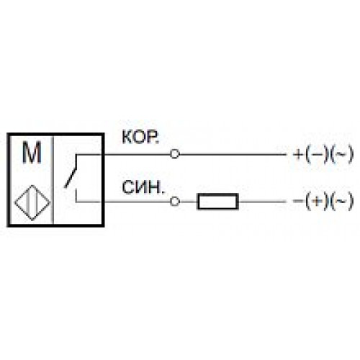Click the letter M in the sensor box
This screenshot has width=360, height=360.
(x=32, y=153)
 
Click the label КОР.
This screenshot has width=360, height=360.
(x=140, y=138)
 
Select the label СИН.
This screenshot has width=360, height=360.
(x=143, y=187)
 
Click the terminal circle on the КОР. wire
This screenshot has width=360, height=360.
(x=175, y=154)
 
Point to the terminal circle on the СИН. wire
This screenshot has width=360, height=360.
(x=175, y=202)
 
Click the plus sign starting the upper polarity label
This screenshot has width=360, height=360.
(x=298, y=154)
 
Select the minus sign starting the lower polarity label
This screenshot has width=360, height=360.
(x=298, y=201)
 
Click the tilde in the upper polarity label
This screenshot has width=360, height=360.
(x=341, y=154)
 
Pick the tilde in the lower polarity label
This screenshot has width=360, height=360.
(x=341, y=201)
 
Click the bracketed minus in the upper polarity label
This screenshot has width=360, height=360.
(x=317, y=154)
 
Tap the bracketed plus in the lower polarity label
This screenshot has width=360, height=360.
(x=317, y=201)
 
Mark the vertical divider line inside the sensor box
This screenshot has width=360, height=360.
(x=53, y=180)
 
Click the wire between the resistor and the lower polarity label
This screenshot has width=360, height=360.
(x=262, y=202)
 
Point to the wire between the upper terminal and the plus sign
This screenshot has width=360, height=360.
(x=233, y=154)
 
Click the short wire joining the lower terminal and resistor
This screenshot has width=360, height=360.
(x=188, y=202)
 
